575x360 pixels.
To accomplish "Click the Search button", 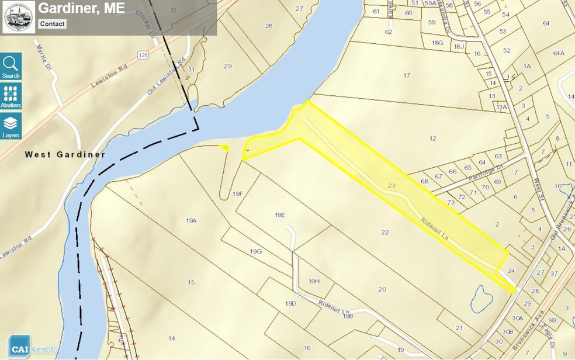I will [x=11, y=66].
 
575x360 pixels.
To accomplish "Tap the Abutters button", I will [x=11, y=96].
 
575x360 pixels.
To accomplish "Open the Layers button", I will [x=11, y=126].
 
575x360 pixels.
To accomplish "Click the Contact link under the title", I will [x=52, y=24].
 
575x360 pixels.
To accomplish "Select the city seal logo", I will [x=19, y=17].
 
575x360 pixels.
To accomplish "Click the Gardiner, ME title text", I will [x=74, y=9].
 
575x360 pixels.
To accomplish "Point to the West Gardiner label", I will [x=65, y=155].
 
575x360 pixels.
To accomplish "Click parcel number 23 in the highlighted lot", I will [x=392, y=185].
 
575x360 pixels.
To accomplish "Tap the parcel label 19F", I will [x=237, y=193].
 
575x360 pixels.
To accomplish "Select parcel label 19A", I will [x=191, y=220].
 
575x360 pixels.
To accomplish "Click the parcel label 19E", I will [x=279, y=215].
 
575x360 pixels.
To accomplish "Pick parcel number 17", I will [x=407, y=75].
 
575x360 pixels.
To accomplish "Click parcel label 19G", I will [x=255, y=251].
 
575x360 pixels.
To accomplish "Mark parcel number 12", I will [x=432, y=139].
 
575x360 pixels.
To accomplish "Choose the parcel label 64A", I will [x=558, y=54].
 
